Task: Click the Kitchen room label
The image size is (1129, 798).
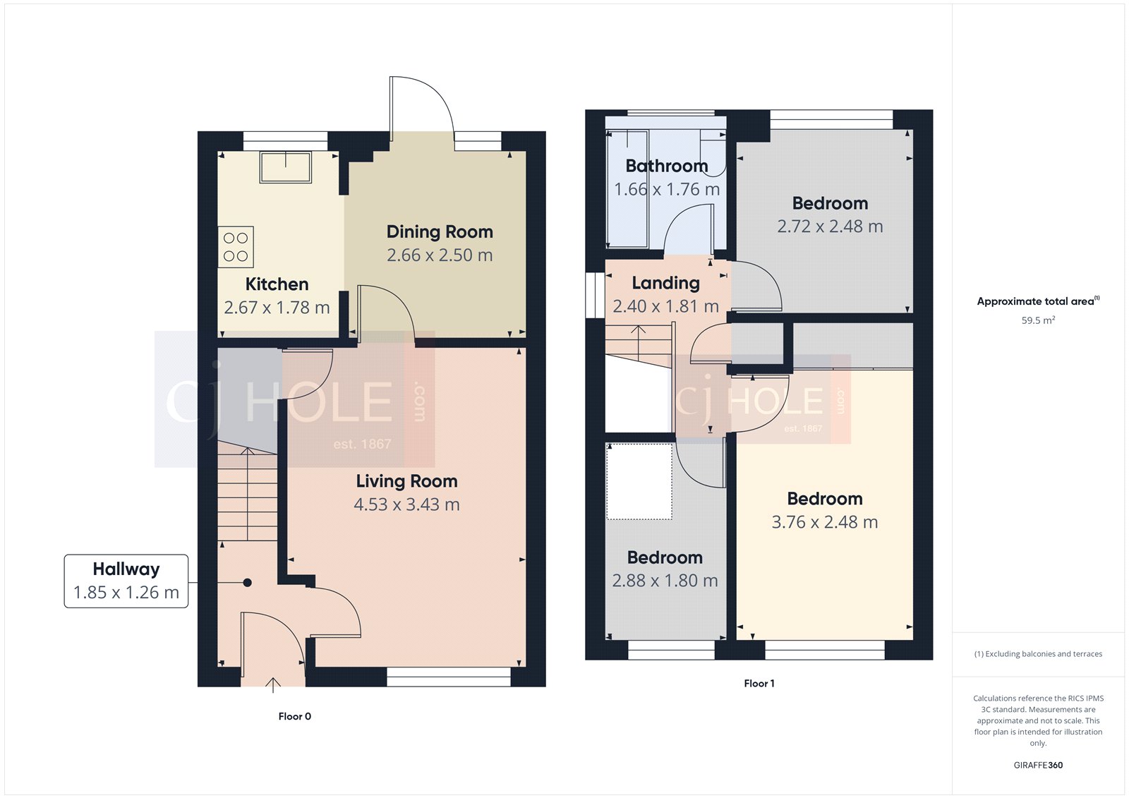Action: [277, 284]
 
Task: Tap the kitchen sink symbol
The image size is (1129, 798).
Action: [286, 167]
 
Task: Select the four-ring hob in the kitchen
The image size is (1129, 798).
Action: [236, 247]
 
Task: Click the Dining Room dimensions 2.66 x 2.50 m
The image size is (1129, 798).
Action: [440, 255]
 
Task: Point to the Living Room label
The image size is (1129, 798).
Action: [406, 481]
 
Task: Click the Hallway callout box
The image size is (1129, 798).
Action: [126, 581]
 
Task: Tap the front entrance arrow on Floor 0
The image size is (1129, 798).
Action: [273, 682]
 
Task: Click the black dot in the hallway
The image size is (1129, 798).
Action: [248, 583]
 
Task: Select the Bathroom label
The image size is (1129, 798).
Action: [667, 166]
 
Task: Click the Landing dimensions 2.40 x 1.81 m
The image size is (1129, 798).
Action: [665, 307]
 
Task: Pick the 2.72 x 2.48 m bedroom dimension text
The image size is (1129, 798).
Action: [830, 226]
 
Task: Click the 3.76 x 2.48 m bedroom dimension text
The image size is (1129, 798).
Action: [824, 522]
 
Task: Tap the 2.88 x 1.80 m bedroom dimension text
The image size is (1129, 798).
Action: [665, 581]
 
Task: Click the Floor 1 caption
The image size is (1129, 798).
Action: [759, 683]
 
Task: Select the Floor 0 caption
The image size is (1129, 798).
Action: [294, 716]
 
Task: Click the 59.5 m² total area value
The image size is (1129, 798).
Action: [1038, 320]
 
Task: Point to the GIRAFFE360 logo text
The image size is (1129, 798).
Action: [1038, 765]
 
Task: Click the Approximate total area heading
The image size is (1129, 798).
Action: [1035, 301]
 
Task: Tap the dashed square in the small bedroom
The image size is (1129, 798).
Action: [639, 481]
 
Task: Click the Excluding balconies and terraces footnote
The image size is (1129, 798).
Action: [1038, 654]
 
